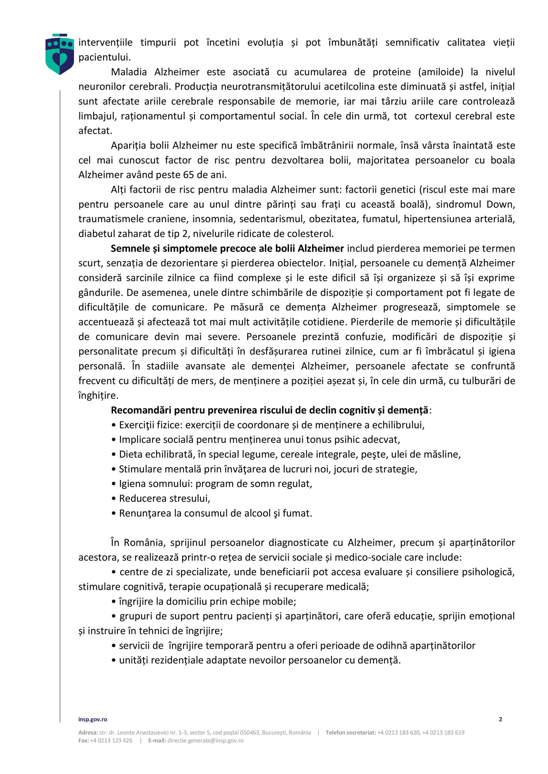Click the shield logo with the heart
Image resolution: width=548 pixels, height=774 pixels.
(x=59, y=54)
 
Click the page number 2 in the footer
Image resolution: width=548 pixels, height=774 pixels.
(x=500, y=719)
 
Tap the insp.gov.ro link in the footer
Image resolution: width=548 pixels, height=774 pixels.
(x=93, y=719)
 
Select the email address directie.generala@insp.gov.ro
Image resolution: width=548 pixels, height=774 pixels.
(x=205, y=740)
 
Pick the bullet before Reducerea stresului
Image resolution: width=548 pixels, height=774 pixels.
(x=114, y=499)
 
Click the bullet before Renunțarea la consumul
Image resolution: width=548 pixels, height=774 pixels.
(x=114, y=513)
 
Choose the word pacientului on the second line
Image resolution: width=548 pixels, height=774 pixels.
(x=104, y=57)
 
